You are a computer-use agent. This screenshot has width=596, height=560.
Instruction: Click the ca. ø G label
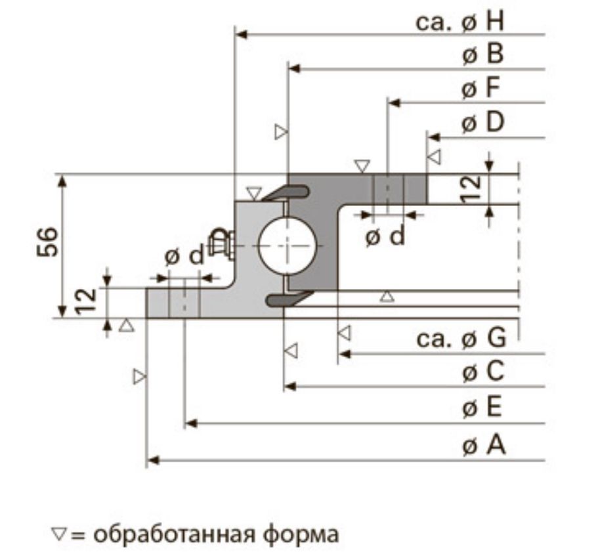click(x=461, y=339)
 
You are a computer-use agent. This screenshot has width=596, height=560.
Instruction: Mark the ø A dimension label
click(x=484, y=446)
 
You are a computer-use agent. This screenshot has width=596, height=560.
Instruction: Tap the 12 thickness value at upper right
click(x=471, y=190)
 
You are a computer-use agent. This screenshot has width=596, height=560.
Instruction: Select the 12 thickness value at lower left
click(x=87, y=303)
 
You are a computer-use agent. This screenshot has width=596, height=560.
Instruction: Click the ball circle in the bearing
click(x=287, y=246)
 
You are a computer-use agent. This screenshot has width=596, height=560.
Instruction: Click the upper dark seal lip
click(x=287, y=192)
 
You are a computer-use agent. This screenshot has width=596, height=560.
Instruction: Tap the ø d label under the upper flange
click(x=385, y=236)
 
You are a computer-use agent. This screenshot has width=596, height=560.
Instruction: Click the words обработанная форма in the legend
click(x=216, y=534)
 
